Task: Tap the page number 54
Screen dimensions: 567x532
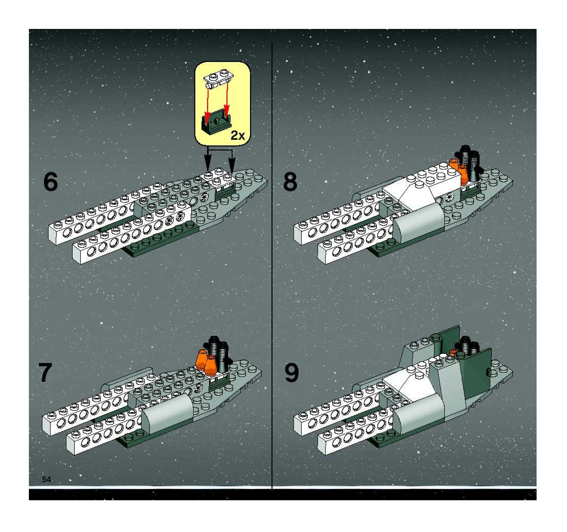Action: tap(47, 480)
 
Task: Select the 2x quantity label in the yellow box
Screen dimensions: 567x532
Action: tap(237, 135)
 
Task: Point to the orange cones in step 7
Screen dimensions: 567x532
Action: tap(206, 361)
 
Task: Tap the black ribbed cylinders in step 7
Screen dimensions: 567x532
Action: tap(219, 353)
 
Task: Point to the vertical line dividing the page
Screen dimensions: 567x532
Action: tap(272, 265)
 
